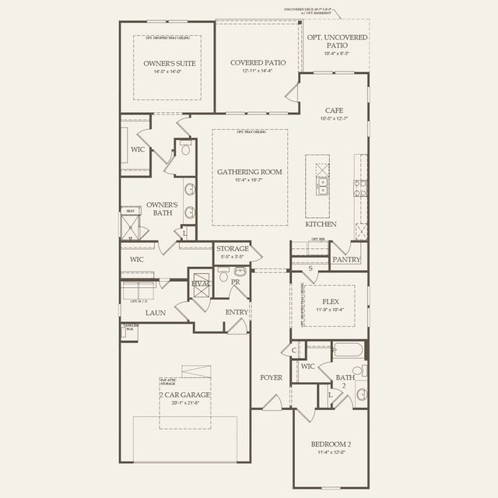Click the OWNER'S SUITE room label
(169, 63)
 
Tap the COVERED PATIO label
(258, 62)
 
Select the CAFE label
(335, 110)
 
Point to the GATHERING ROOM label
(249, 172)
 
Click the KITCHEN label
(321, 224)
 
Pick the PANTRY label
(345, 259)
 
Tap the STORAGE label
(232, 249)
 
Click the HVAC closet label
(201, 285)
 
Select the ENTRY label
(236, 313)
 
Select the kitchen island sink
(322, 185)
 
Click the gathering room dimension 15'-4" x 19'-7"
(249, 181)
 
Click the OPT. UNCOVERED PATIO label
(336, 41)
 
